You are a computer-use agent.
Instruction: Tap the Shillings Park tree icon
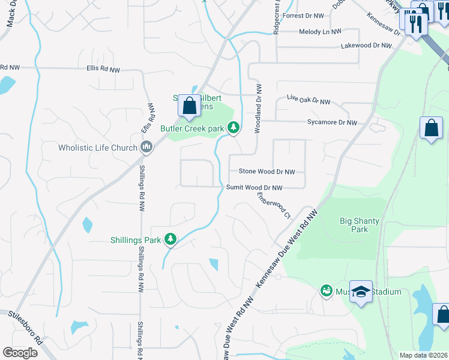point(171,239)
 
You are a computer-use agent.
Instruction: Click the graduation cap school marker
point(361,292)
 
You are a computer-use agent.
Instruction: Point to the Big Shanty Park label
point(359,225)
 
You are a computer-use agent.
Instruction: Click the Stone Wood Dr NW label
point(267,172)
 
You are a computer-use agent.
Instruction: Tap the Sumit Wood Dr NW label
point(254,188)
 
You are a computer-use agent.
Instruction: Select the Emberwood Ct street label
point(274,205)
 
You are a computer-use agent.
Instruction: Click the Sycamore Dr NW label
point(330,122)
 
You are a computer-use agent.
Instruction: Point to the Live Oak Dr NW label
point(309,100)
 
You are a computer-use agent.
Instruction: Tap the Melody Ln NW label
point(321,31)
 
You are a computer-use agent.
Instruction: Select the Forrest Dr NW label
point(305,16)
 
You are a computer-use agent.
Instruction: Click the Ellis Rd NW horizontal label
point(103,70)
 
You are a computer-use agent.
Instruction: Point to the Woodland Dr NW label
point(259,109)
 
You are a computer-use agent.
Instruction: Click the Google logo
point(20,352)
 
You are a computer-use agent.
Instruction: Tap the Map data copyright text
point(423,355)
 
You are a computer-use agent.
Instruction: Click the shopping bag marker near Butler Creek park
point(189,106)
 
